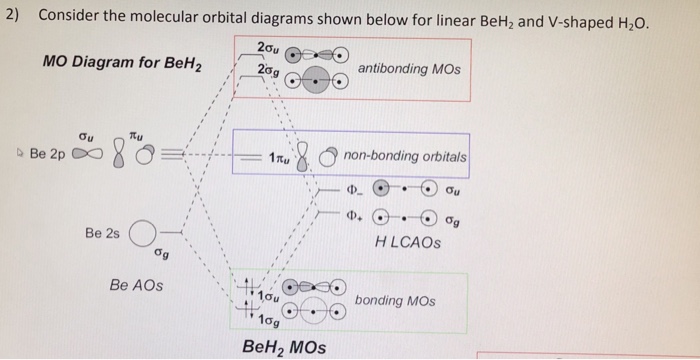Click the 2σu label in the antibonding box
pos(268,48)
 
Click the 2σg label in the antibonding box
pos(268,71)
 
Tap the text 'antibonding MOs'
pos(409,69)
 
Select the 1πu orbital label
pos(279,158)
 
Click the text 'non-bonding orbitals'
pos(405,157)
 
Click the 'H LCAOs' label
pos(408,243)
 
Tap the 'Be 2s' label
pos(102,234)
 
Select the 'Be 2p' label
pos(47,154)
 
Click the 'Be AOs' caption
pos(136,285)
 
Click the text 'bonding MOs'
pos(395,301)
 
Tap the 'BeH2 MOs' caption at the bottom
pos(284,347)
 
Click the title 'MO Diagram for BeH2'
pos(122,63)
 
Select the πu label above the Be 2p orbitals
pos(137,134)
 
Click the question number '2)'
pos(12,16)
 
